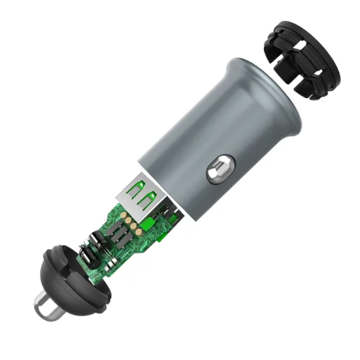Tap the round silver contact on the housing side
pos(217,172)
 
